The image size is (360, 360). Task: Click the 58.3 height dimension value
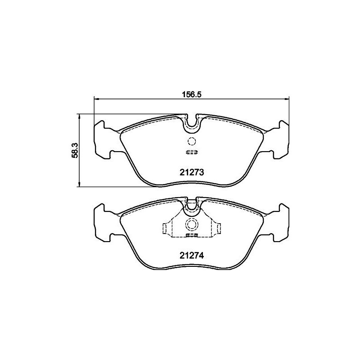(75, 150)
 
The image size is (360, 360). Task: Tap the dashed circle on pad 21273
(192, 141)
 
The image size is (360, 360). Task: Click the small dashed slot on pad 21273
(192, 152)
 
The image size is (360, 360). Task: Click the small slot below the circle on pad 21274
(192, 235)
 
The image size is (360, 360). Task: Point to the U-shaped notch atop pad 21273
(192, 123)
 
